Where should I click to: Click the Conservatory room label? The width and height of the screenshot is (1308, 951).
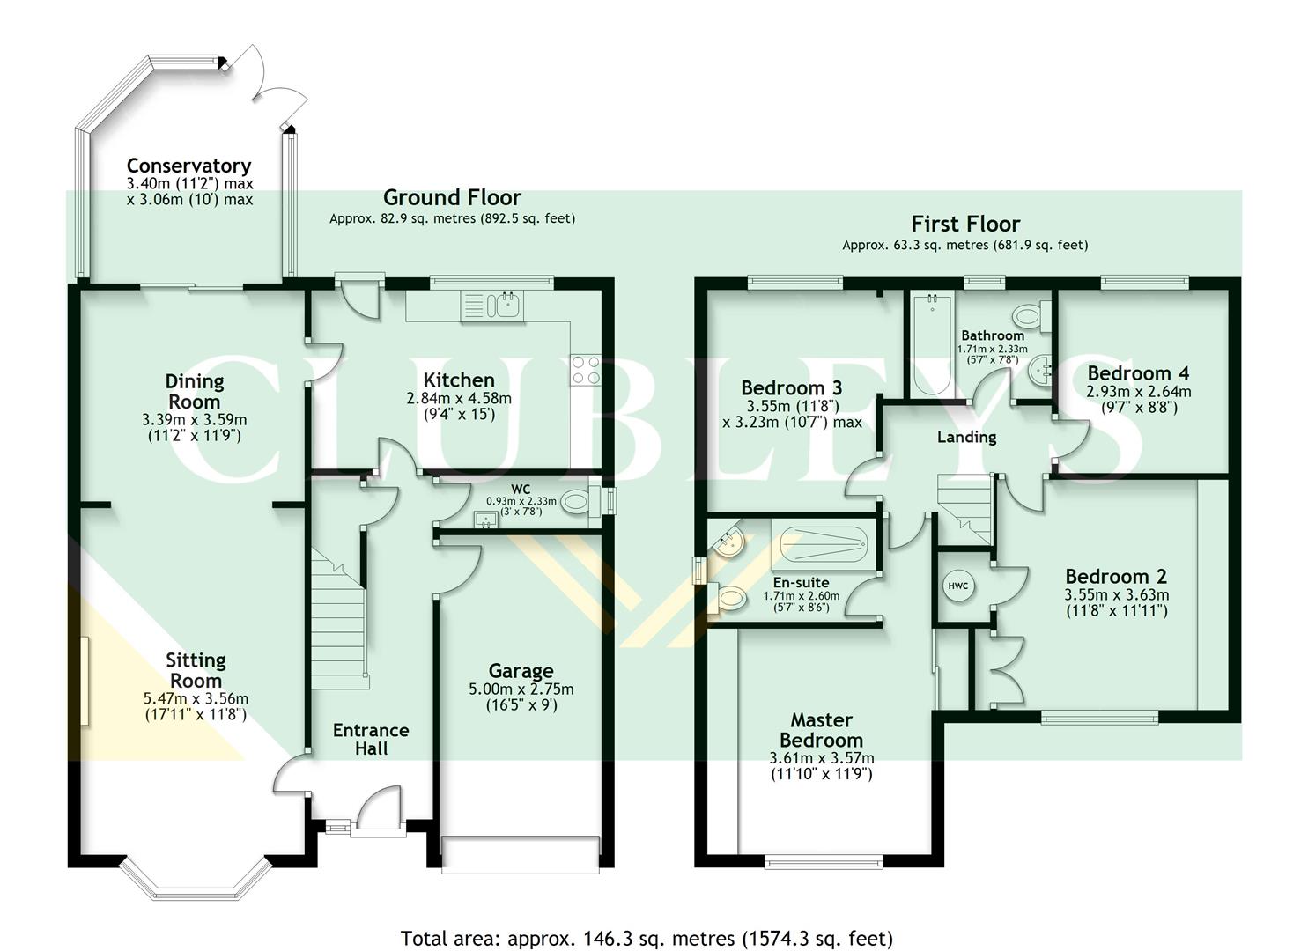[188, 166]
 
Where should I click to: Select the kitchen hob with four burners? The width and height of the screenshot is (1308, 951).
[586, 370]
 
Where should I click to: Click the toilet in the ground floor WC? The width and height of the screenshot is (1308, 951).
[576, 503]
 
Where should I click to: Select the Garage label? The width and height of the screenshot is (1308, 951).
[521, 671]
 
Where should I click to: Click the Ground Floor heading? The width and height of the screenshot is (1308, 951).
[452, 197]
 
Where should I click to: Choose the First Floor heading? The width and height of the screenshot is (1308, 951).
[965, 224]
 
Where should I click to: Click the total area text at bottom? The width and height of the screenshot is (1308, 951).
[647, 938]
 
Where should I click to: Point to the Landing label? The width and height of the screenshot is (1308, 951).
[966, 437]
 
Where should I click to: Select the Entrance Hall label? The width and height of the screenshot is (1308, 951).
[371, 739]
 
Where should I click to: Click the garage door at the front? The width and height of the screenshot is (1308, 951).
[521, 853]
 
